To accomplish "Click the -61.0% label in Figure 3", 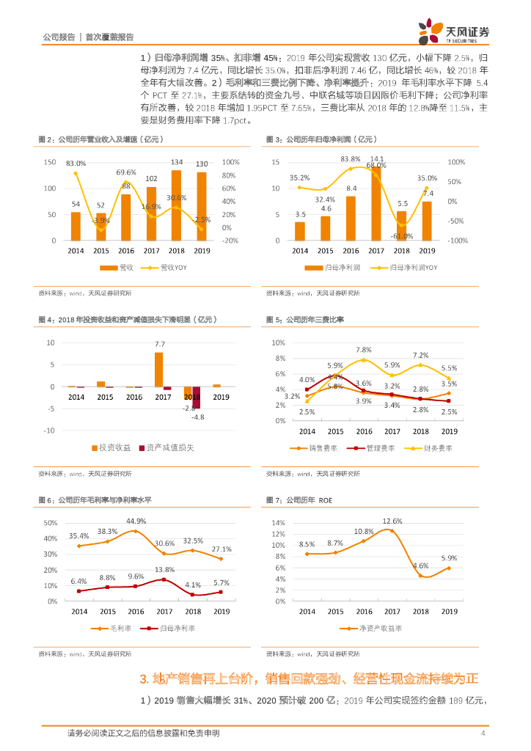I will [402, 236].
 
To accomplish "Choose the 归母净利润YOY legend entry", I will [409, 268].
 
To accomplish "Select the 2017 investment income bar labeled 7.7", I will [159, 370].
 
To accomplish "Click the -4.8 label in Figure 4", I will [198, 417].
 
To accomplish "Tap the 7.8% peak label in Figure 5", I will [364, 350].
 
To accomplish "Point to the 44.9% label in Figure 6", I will [136, 521].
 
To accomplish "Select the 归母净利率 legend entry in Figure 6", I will [173, 629].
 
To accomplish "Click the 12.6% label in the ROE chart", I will [392, 521].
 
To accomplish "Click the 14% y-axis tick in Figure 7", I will [278, 523].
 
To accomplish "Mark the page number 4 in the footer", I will [483, 733].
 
